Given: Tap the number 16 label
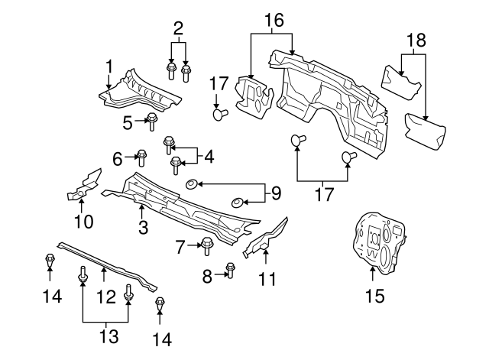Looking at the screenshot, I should [x=272, y=20].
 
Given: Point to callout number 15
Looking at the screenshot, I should [x=374, y=294].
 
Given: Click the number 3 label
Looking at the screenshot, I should [x=143, y=227].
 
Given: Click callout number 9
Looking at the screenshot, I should [x=277, y=191].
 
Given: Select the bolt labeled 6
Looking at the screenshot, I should [x=141, y=157].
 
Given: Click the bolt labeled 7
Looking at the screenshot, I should [x=207, y=245].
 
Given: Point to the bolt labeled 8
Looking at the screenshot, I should [x=230, y=269].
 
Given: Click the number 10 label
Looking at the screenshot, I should [x=83, y=222].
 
